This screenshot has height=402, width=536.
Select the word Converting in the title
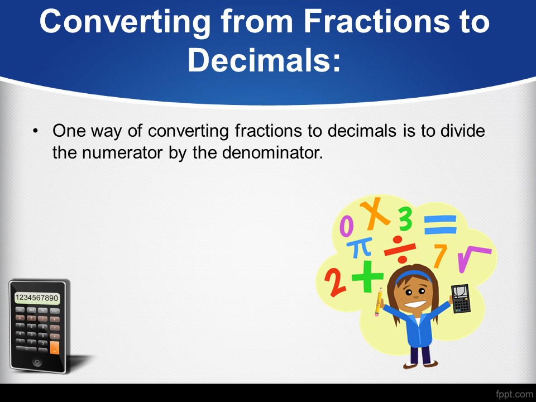125,22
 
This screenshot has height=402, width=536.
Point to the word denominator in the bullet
272,152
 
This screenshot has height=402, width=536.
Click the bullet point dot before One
35,131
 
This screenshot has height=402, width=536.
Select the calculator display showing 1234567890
37,298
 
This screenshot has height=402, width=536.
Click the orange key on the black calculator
54,347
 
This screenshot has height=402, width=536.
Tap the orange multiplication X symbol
375,214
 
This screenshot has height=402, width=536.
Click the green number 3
405,219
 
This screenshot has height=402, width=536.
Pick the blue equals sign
441,224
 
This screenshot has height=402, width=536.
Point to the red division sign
400,249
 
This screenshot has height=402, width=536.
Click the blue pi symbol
359,248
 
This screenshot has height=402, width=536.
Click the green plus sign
367,276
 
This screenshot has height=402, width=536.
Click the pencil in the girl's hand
378,302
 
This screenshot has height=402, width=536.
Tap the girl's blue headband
413,275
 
